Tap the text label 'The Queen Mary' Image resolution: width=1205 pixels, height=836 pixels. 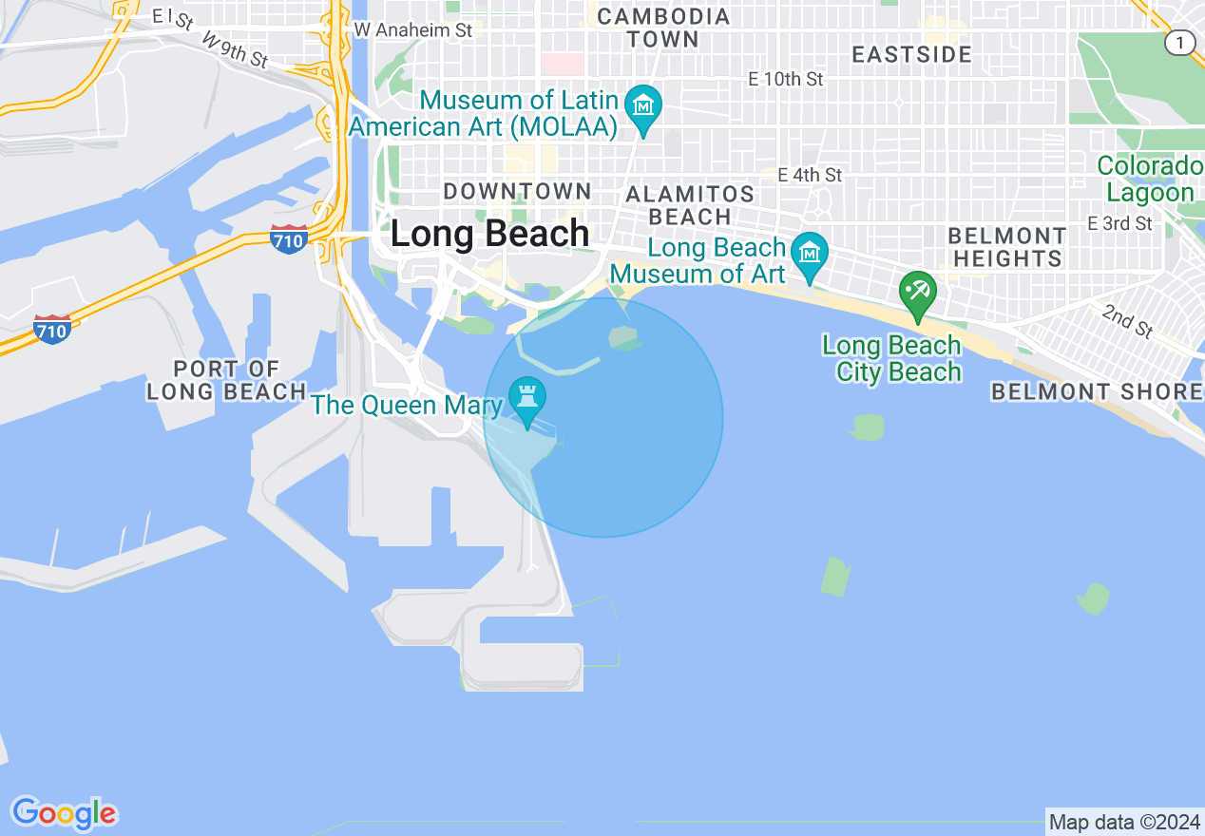(x=407, y=406)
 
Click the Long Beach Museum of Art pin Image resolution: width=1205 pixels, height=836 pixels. (x=810, y=254)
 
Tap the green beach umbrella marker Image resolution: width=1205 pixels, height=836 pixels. (x=918, y=289)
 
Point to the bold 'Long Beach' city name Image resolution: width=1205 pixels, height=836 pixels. (x=489, y=234)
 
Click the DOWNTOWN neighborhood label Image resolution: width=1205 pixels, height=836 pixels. (x=517, y=191)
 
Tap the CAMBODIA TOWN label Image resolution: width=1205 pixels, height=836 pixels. (x=663, y=28)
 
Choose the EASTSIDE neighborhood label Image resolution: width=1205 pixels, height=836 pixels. (x=911, y=54)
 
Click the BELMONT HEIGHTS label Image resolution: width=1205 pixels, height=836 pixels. (x=1007, y=247)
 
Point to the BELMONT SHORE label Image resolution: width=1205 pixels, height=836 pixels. (x=1097, y=391)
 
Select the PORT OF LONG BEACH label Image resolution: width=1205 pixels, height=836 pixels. (x=227, y=380)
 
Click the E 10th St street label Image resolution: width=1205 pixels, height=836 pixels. (x=786, y=80)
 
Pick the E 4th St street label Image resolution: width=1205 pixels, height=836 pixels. (x=810, y=175)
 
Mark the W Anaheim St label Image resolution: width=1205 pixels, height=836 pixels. (x=413, y=30)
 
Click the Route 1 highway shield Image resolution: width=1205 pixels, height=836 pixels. (x=1180, y=43)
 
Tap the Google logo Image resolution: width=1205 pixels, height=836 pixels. (x=65, y=813)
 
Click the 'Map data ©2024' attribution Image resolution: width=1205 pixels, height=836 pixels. (x=1124, y=822)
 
